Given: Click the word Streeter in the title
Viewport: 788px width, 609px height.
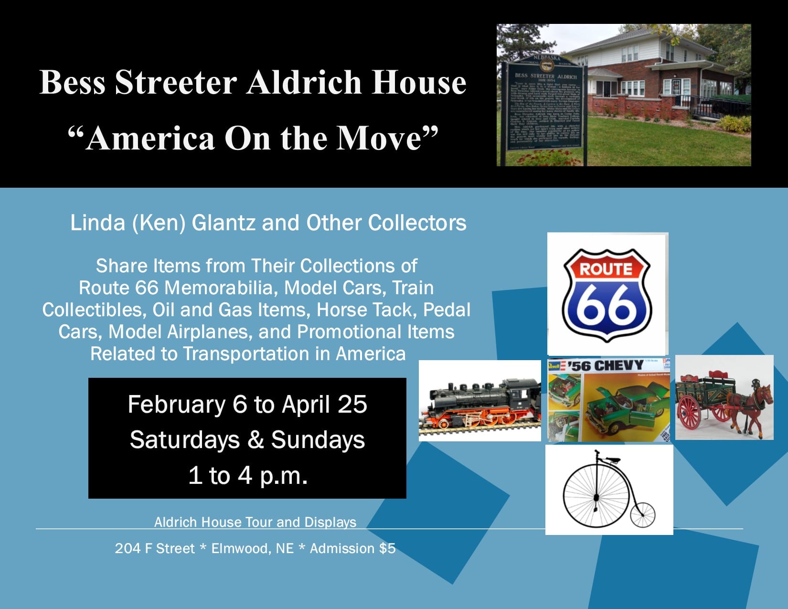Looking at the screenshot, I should (x=176, y=82).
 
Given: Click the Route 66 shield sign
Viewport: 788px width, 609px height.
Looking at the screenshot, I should (x=607, y=295).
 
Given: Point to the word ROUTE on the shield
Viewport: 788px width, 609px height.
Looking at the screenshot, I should (x=606, y=268).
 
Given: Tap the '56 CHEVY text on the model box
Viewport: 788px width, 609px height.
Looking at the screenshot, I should (x=606, y=366).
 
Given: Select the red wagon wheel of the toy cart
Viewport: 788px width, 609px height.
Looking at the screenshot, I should (x=689, y=411).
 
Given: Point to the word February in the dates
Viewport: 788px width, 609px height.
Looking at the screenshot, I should (x=176, y=405).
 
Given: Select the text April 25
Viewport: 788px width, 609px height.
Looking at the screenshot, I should (x=324, y=405).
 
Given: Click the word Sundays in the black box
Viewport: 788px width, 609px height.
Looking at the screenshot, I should (x=318, y=440).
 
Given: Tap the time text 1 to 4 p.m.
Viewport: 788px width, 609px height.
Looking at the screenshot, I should (x=248, y=476).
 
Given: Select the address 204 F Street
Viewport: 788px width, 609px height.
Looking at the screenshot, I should (x=155, y=548).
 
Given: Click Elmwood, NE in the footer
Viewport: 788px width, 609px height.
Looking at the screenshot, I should (x=252, y=548).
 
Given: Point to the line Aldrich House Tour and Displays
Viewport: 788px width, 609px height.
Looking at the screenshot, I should (x=255, y=522).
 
